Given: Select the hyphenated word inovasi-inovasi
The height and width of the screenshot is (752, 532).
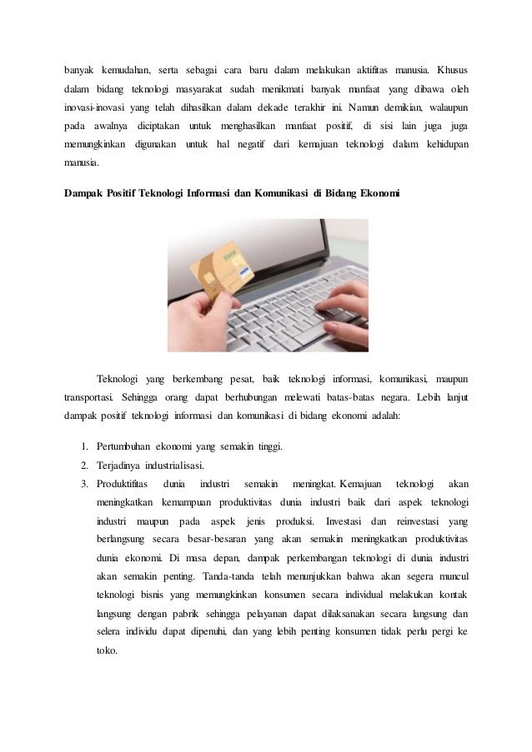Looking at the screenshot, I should (94, 107).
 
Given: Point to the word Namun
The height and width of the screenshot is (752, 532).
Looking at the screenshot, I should (371, 107).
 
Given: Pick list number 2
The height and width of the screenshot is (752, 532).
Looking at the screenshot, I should (85, 465).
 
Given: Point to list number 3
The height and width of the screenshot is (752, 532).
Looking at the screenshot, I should (85, 483).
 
